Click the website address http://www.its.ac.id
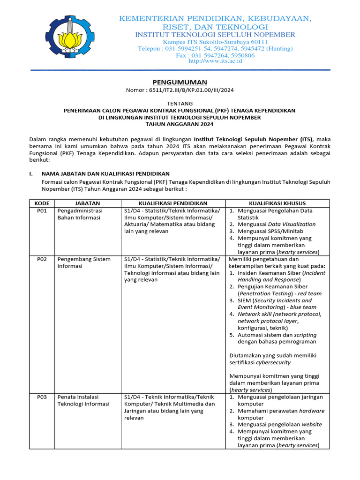(215, 61)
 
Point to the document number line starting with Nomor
(180, 90)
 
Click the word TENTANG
(180, 103)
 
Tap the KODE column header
(42, 203)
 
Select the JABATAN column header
(88, 203)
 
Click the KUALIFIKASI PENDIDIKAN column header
(173, 203)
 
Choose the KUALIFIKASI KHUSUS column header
(277, 203)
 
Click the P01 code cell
(42, 211)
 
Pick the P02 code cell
(42, 259)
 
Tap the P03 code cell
(42, 397)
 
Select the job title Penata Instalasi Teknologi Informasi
(83, 400)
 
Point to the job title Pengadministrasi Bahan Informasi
(80, 214)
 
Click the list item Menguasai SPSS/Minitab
(270, 231)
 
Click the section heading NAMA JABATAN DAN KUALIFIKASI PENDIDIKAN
(105, 174)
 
